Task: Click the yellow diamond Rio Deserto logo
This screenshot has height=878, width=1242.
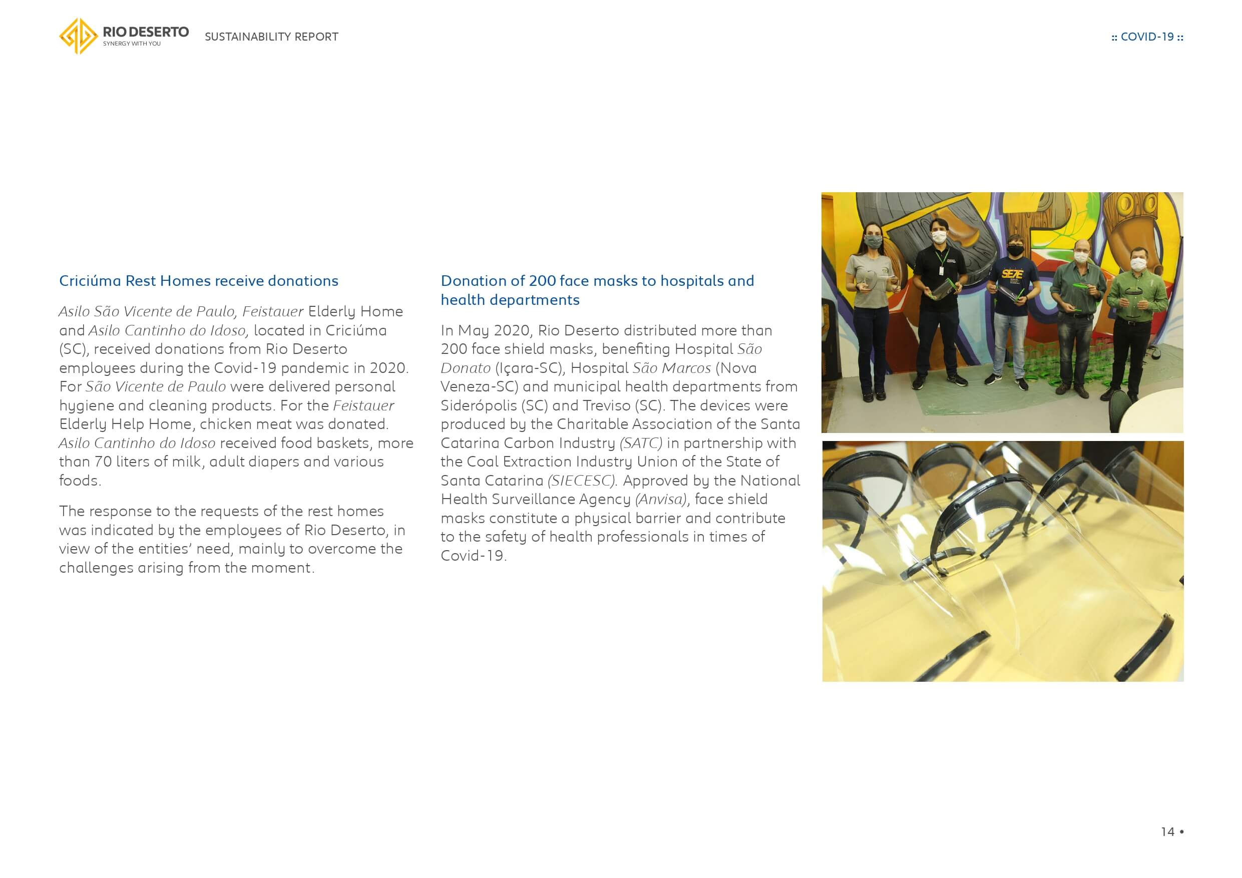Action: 79,36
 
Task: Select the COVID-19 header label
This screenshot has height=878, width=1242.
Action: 1147,37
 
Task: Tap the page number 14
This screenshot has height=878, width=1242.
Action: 1167,831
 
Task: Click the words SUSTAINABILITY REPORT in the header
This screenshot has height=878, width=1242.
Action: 271,37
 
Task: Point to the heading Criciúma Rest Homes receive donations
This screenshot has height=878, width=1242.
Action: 199,281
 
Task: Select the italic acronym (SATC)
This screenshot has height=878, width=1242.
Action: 641,443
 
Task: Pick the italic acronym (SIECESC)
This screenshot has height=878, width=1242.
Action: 582,481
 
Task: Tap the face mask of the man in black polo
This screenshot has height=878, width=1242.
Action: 939,237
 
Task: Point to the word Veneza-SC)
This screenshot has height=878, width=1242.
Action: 479,387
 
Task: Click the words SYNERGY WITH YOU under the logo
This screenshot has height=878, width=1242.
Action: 132,44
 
